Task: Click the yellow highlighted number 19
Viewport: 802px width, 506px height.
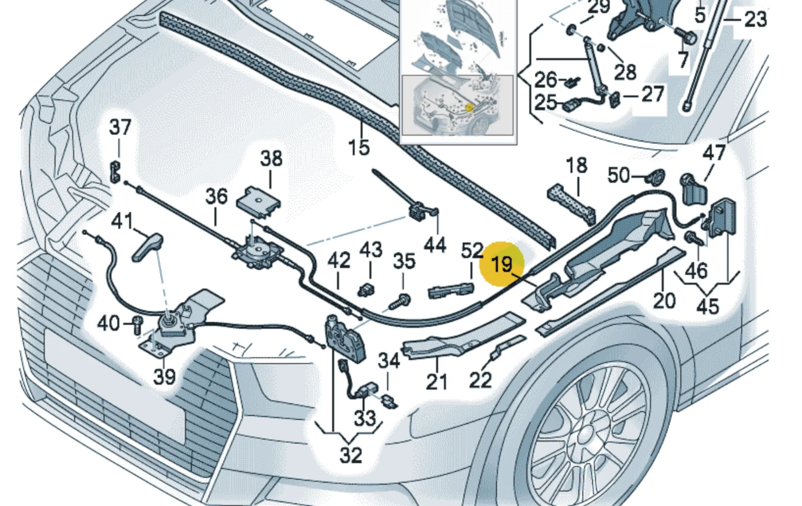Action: tap(502, 265)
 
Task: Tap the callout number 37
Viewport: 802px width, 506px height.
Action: tap(120, 127)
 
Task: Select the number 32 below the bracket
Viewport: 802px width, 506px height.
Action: tap(351, 455)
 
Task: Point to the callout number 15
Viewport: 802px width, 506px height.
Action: tap(359, 147)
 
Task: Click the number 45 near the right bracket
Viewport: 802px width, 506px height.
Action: tap(708, 307)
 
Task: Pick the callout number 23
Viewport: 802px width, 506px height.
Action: tap(756, 19)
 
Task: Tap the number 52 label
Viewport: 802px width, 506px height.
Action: tap(472, 250)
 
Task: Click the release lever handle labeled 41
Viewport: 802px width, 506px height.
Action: tap(148, 247)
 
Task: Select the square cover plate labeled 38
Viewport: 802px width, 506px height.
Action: tap(258, 202)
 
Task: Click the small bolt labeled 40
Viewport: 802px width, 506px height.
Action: tap(138, 325)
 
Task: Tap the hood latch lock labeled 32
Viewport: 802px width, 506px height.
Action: tap(345, 339)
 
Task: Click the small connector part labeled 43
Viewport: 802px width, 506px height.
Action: tap(366, 290)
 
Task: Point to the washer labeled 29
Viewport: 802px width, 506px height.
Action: tap(571, 30)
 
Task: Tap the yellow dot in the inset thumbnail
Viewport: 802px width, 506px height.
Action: tap(469, 107)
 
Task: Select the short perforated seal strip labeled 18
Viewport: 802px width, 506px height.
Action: tap(571, 204)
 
